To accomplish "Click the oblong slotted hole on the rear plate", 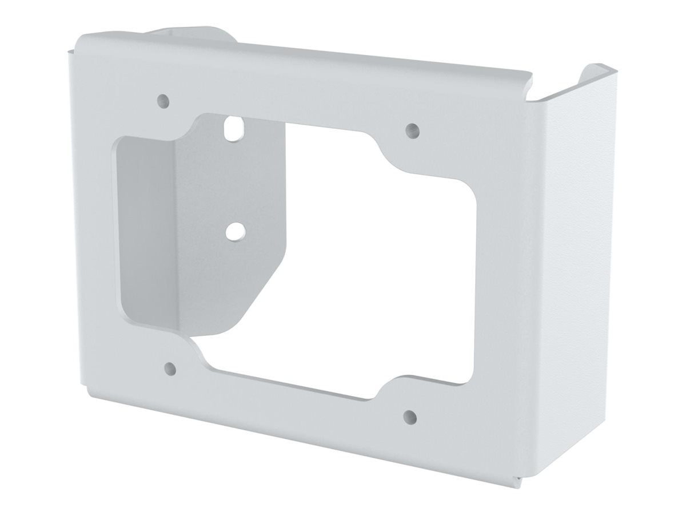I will click(x=233, y=128).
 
